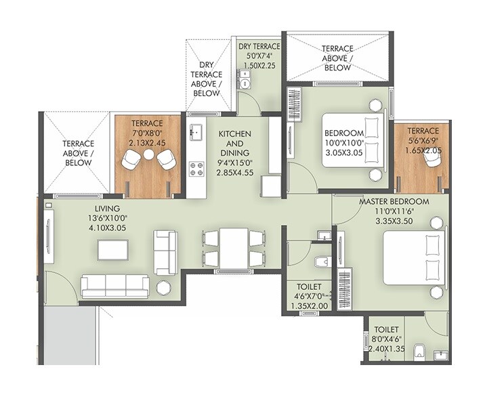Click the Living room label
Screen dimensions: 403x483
pyautogui.click(x=108, y=208)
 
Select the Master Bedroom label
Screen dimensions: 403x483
pyautogui.click(x=394, y=202)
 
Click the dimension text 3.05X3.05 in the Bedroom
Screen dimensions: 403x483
pyautogui.click(x=343, y=154)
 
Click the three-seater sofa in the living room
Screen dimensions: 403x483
pyautogui.click(x=114, y=286)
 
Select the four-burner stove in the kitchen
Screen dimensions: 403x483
pyautogui.click(x=196, y=169)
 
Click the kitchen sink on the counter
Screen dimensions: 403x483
pyautogui.click(x=196, y=131)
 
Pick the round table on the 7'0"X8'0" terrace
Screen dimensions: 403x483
pyautogui.click(x=148, y=154)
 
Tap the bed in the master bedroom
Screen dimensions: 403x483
pyautogui.click(x=414, y=257)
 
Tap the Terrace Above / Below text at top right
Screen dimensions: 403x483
pyautogui.click(x=337, y=58)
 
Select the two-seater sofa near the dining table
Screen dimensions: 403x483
pyautogui.click(x=165, y=252)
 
